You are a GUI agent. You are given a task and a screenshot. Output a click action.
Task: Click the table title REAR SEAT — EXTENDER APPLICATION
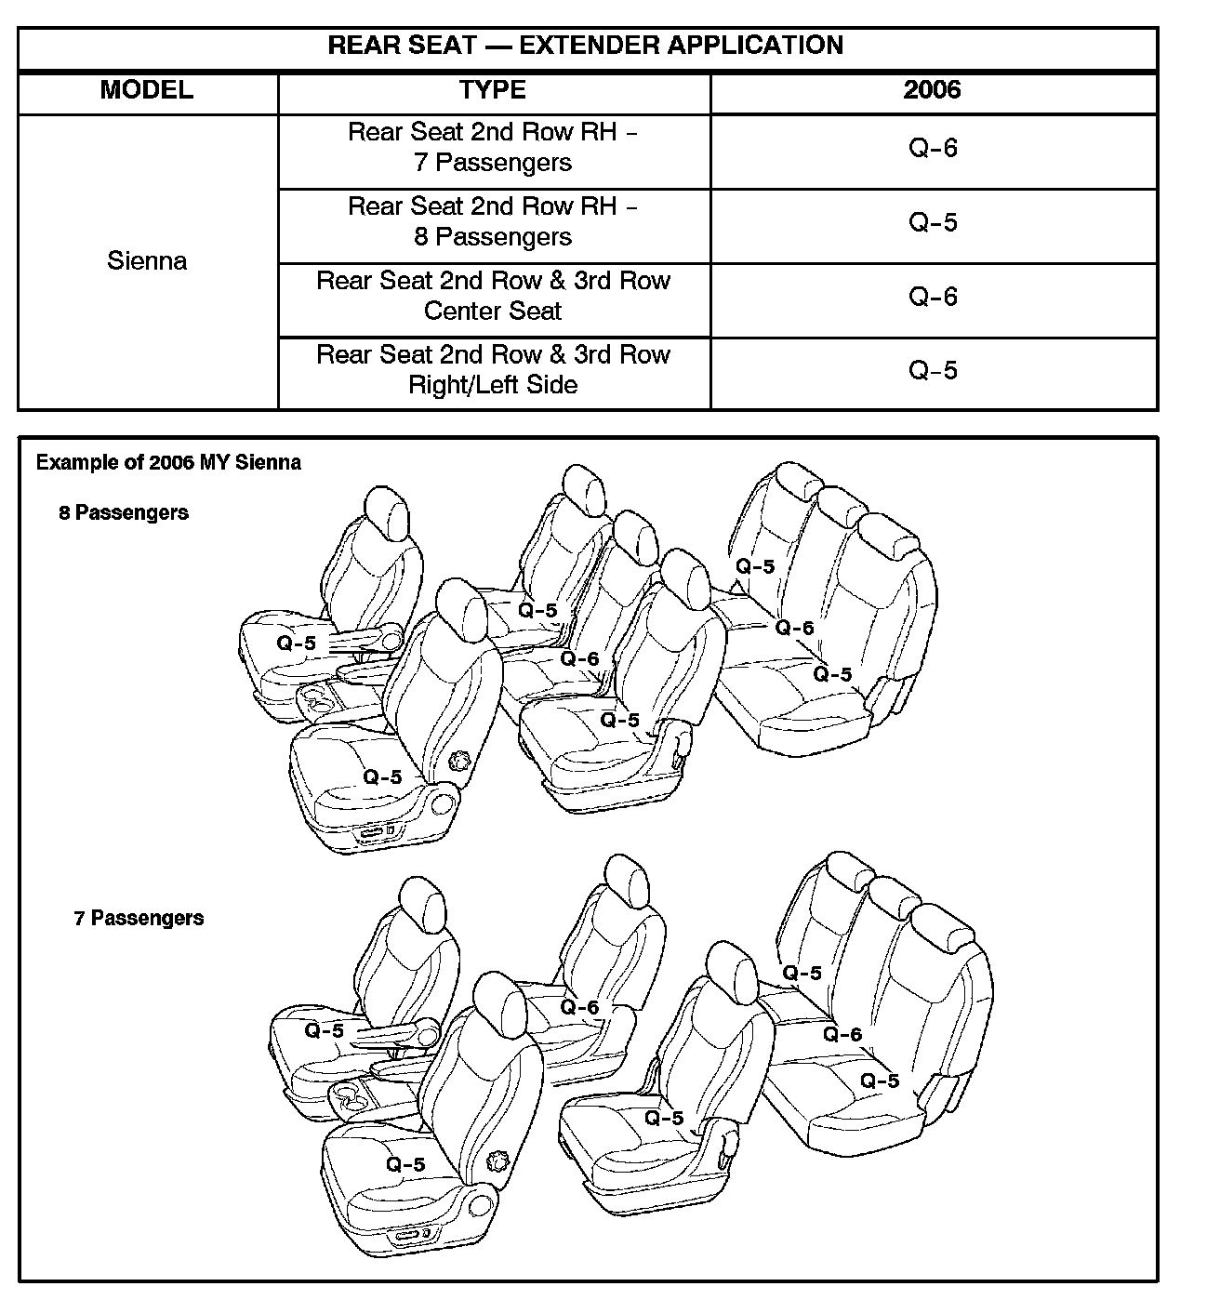point(586,46)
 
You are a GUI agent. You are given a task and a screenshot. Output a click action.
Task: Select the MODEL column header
point(147,90)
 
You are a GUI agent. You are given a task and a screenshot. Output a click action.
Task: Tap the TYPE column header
point(493,90)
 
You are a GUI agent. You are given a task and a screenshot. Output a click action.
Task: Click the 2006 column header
point(933,90)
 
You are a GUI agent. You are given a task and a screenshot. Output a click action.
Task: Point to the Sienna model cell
point(147,260)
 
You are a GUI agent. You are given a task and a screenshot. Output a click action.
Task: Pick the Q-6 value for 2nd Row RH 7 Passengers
point(933,149)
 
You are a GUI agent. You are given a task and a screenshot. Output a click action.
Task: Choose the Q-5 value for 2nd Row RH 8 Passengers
point(933,223)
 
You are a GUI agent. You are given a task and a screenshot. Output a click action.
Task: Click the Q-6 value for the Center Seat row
point(933,297)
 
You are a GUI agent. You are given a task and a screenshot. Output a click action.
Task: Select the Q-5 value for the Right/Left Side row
point(933,371)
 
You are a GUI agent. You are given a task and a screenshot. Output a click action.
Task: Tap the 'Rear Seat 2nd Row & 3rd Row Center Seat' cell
point(493,296)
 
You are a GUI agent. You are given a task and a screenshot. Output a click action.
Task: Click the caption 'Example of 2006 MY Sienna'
point(168,462)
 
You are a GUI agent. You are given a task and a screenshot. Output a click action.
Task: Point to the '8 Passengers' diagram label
point(124,512)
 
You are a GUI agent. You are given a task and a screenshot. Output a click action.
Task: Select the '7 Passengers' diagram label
point(139,918)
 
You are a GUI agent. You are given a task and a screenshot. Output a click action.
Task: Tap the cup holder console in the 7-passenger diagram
point(353,1094)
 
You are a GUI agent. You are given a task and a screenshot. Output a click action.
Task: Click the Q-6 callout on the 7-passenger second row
point(579,1007)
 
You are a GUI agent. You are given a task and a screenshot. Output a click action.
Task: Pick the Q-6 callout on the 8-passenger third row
point(795,628)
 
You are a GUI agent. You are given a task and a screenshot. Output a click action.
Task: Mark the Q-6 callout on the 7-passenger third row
point(842,1034)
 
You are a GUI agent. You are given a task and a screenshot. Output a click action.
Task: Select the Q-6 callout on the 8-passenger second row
point(579,659)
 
